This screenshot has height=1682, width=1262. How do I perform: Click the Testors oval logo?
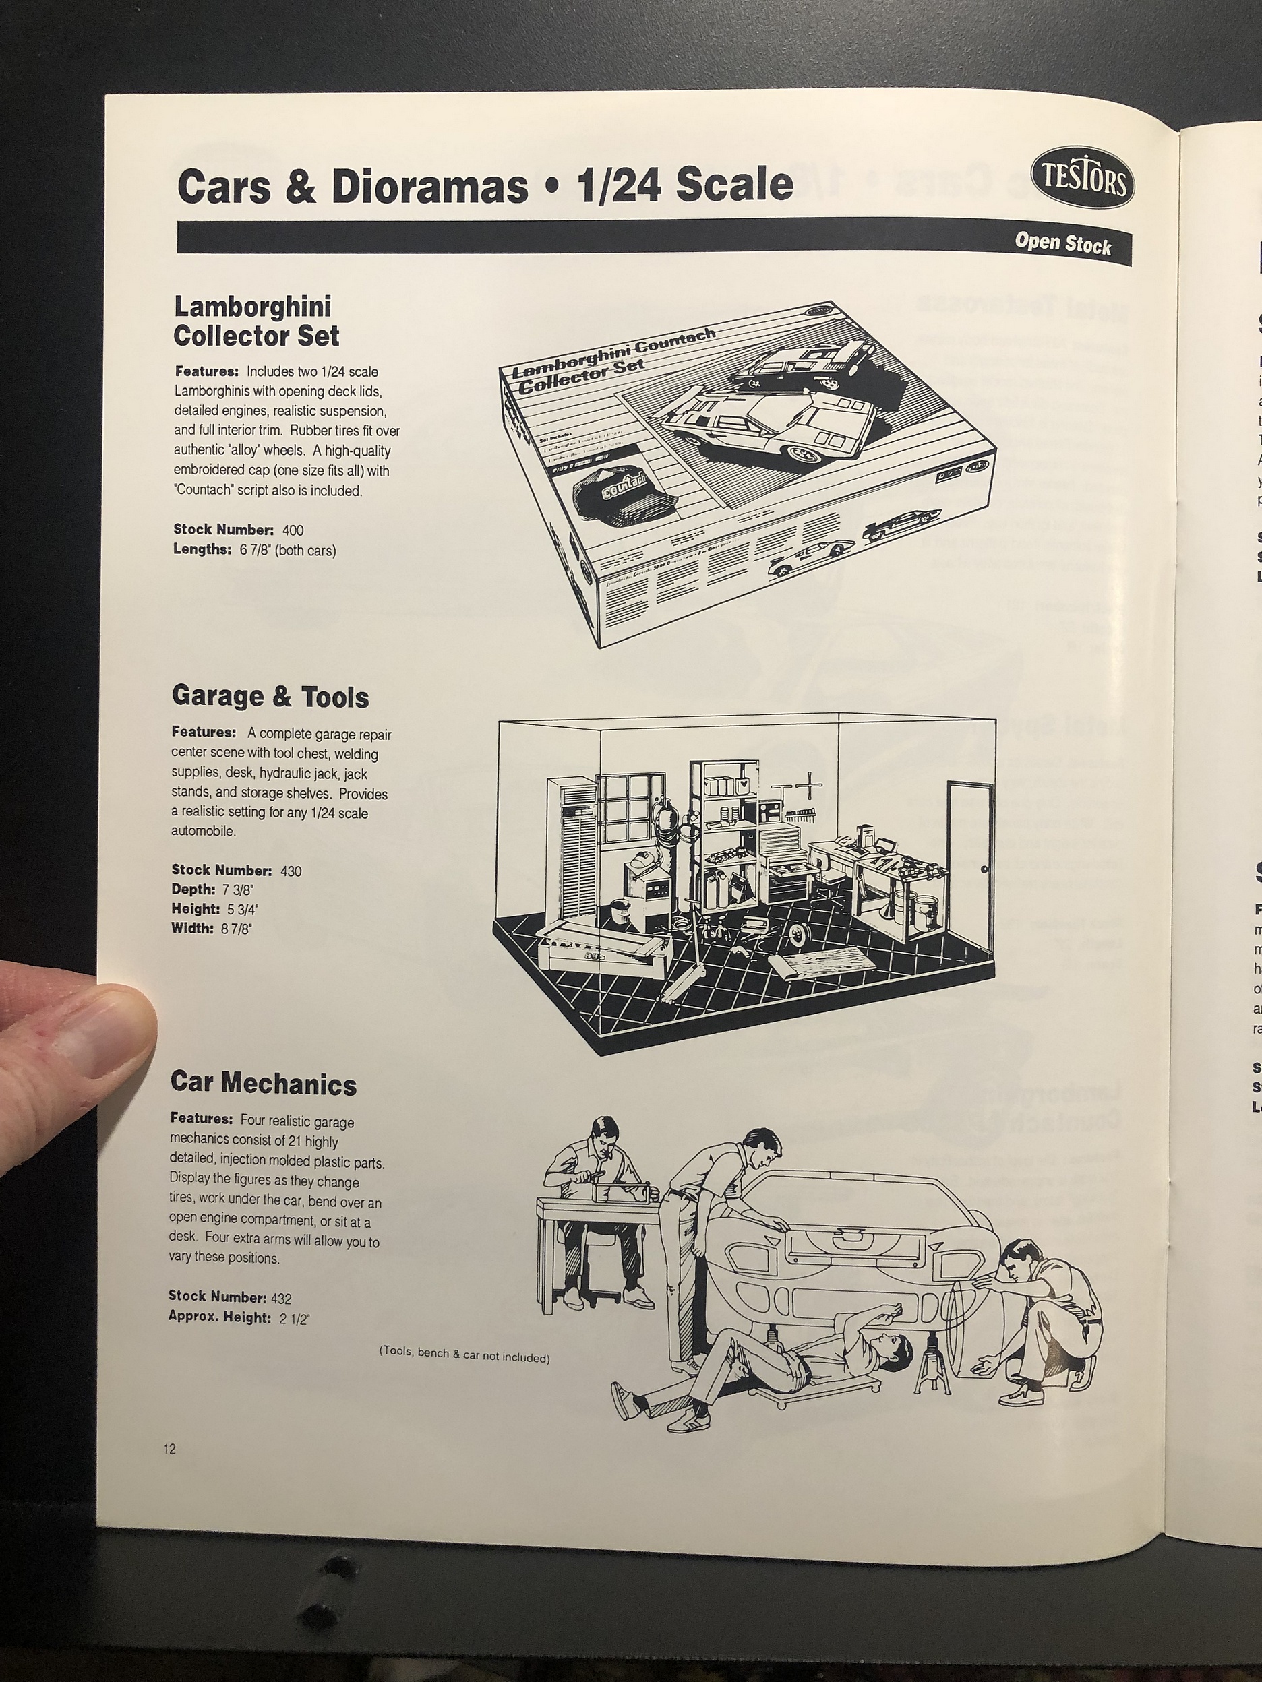(1082, 183)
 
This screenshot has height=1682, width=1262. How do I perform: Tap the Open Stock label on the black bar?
(1062, 243)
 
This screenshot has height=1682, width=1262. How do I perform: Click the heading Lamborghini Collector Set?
(256, 321)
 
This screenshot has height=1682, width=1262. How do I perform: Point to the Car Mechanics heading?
(263, 1084)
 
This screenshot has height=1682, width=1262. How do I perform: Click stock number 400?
(293, 530)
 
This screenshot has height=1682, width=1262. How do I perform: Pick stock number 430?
(291, 871)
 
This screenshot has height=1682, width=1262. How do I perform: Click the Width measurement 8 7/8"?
(237, 929)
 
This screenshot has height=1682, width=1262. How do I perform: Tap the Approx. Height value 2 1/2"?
(295, 1318)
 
